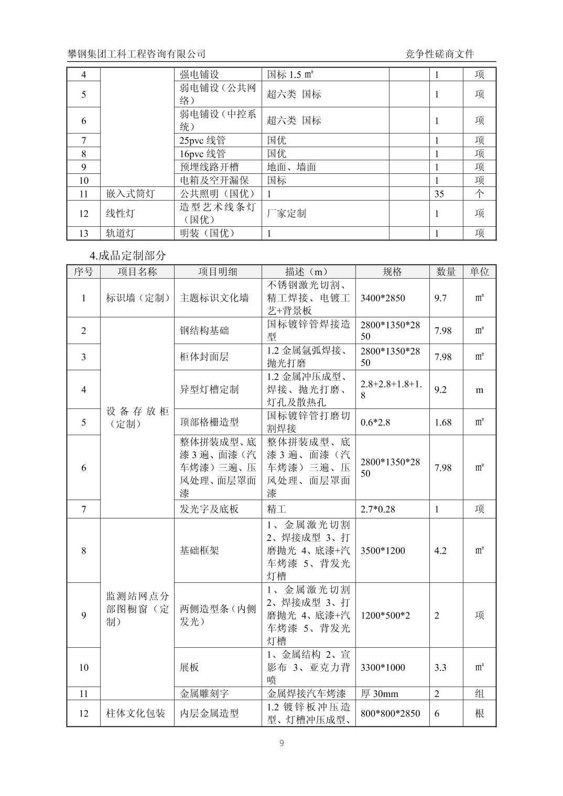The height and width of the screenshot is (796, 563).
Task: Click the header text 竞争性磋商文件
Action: click(x=440, y=54)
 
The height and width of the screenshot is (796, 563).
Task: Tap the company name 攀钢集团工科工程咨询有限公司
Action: click(x=136, y=54)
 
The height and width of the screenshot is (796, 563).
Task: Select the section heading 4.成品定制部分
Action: click(x=128, y=256)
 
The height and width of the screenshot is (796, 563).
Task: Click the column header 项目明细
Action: click(x=218, y=271)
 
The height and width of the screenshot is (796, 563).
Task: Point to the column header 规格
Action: click(x=392, y=271)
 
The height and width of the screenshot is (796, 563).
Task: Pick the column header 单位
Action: click(x=479, y=271)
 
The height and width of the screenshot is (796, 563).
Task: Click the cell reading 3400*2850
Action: click(x=383, y=298)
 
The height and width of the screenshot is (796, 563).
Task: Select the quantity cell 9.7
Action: click(x=440, y=298)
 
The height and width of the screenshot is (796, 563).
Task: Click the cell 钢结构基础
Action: click(x=204, y=330)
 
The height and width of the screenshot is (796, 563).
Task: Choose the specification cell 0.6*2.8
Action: click(x=375, y=422)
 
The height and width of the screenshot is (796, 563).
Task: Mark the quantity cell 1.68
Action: click(x=443, y=422)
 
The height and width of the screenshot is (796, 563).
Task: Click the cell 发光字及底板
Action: click(x=209, y=509)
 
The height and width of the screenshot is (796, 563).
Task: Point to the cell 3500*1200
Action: click(x=383, y=550)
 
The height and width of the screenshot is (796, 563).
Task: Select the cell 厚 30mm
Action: click(x=380, y=694)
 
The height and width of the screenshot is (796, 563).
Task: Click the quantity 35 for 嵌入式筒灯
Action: click(x=439, y=194)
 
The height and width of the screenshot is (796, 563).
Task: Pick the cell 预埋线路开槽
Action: click(x=209, y=167)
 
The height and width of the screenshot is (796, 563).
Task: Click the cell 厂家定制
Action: click(x=286, y=214)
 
